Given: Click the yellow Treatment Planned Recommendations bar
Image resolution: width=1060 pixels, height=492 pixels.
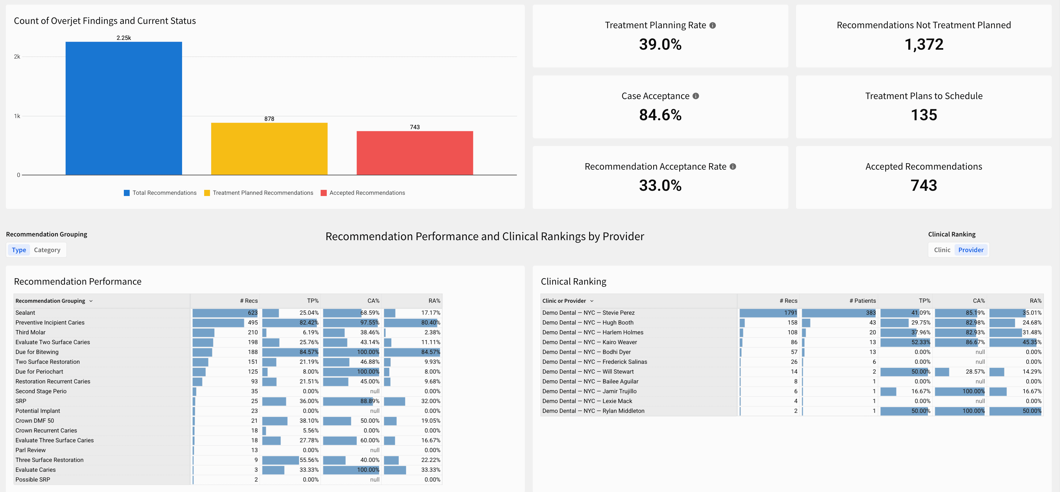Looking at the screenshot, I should pos(269,149).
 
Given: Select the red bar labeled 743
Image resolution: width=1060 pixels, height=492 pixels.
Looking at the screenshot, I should pos(414,153).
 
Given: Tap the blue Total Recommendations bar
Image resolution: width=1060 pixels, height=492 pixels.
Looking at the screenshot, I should pos(124,108).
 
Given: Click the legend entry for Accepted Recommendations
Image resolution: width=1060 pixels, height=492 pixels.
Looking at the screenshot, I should pos(367,193).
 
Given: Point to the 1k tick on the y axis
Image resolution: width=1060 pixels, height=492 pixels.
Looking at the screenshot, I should pos(17,116).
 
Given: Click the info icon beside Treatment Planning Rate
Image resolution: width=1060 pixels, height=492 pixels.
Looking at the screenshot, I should pos(713,25).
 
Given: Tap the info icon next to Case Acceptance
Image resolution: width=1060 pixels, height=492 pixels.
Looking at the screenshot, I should pos(696,96).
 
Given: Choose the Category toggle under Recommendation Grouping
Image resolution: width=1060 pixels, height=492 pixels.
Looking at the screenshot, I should pos(47,250).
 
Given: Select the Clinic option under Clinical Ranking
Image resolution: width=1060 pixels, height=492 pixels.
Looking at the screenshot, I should pos(942,250).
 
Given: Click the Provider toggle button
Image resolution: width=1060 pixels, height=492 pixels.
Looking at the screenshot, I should pos(971,250).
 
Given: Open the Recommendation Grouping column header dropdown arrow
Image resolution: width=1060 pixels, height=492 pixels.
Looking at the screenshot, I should pos(91,301).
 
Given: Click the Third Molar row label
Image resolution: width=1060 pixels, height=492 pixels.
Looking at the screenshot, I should pos(30,332).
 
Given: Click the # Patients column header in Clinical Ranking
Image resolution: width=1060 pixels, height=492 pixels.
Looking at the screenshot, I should pos(863,301).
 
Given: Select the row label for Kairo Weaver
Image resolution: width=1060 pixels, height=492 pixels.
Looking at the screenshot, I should pos(589,342).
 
